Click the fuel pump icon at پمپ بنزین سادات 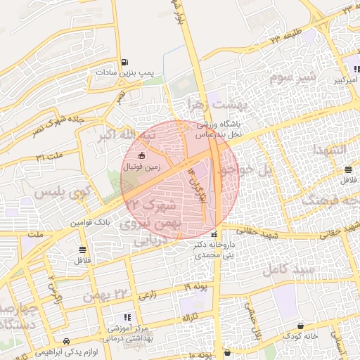click(125, 63)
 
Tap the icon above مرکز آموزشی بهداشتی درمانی click(127, 317)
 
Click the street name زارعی click(148, 296)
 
